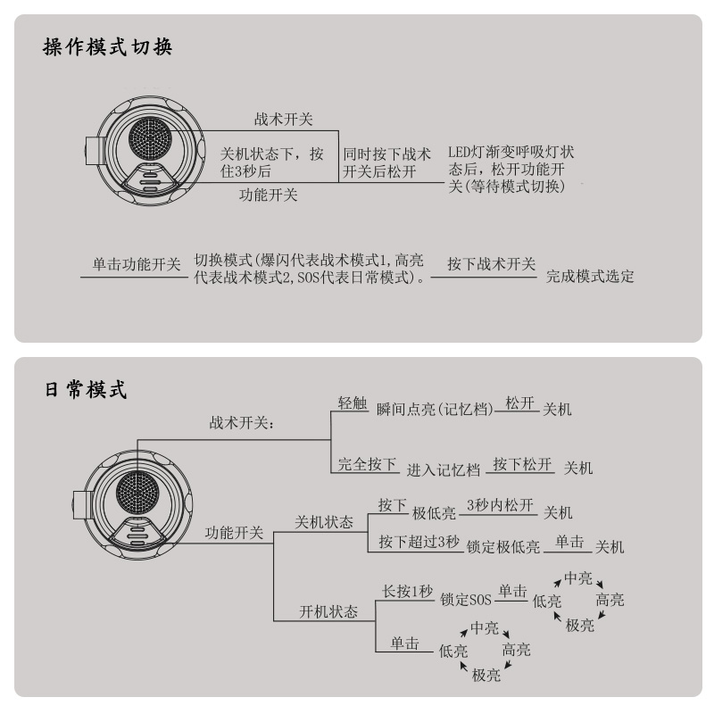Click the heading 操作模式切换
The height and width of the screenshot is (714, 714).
(x=107, y=47)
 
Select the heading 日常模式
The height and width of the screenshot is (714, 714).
(x=86, y=390)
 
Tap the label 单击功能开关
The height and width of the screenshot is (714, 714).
(x=137, y=264)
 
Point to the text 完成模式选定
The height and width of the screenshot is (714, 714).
(x=590, y=276)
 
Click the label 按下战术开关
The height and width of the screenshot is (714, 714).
(x=492, y=264)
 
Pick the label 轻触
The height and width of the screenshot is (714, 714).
(x=353, y=403)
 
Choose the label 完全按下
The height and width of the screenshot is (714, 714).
(x=367, y=464)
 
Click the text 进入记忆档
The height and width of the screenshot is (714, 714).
(x=443, y=470)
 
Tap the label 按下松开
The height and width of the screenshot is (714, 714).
(x=522, y=464)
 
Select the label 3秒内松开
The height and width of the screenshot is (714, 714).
(x=500, y=504)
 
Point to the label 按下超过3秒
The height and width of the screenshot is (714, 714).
(x=419, y=542)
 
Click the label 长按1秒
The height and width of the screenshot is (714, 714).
(x=407, y=591)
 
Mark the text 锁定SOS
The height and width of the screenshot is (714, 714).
(x=466, y=599)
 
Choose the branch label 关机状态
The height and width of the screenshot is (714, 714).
(x=324, y=522)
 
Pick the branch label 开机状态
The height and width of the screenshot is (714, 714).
(x=328, y=611)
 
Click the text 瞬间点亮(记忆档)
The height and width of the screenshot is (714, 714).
(x=435, y=409)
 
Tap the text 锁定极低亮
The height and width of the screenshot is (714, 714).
(x=503, y=546)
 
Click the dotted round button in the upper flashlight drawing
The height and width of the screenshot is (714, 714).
(x=150, y=137)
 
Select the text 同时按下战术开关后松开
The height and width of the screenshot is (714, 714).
(x=386, y=162)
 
